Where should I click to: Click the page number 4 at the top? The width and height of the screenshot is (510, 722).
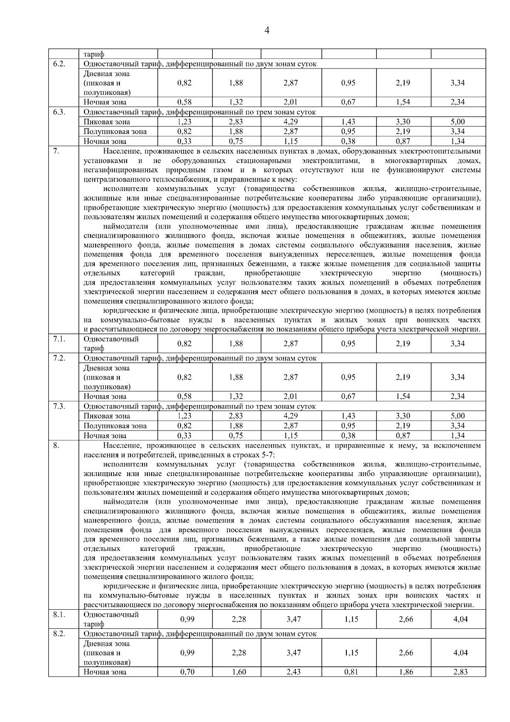pyautogui.click(x=267, y=30)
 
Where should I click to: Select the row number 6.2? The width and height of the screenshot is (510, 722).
pyautogui.click(x=59, y=64)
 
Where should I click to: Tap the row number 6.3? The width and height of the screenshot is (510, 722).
pyautogui.click(x=59, y=112)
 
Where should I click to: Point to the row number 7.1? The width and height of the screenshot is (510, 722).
pyautogui.click(x=59, y=339)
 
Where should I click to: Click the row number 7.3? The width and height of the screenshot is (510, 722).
pyautogui.click(x=59, y=406)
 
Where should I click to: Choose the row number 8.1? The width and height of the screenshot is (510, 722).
pyautogui.click(x=59, y=615)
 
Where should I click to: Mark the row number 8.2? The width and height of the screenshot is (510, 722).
pyautogui.click(x=59, y=634)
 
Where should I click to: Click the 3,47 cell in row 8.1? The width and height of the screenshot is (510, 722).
pyautogui.click(x=294, y=619)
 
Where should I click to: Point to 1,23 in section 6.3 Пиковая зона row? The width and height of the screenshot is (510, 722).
pyautogui.click(x=184, y=122)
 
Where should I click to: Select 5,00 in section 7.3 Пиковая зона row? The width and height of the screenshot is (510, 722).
pyautogui.click(x=458, y=416)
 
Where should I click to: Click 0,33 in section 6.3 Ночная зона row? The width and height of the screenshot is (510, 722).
pyautogui.click(x=184, y=141)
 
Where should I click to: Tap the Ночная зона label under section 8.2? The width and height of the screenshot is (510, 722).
pyautogui.click(x=105, y=672)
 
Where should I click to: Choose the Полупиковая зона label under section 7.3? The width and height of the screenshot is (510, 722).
pyautogui.click(x=115, y=426)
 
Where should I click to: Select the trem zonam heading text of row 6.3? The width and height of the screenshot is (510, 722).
pyautogui.click(x=200, y=112)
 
